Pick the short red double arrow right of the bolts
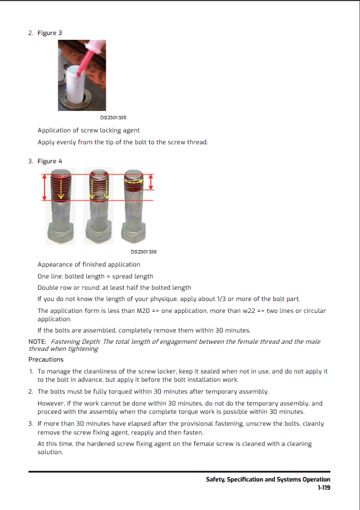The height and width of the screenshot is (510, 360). click(151, 182)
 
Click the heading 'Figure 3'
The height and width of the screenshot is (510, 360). click(49, 32)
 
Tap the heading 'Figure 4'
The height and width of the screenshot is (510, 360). click(49, 161)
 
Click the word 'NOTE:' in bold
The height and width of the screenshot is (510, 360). click(37, 341)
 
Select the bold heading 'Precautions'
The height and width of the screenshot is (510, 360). click(46, 359)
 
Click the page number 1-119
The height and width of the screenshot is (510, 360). click(323, 487)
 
